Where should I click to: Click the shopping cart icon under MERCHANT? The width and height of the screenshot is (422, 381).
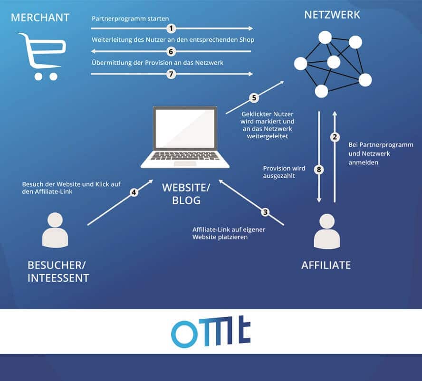(x=41, y=56)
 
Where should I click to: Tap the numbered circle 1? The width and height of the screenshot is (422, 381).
(x=172, y=29)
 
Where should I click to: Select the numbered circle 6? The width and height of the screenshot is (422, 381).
(x=172, y=51)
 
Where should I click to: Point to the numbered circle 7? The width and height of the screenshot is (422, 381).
(x=172, y=74)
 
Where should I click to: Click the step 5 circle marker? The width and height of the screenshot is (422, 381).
(x=254, y=98)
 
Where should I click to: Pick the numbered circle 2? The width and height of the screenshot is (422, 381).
(x=335, y=137)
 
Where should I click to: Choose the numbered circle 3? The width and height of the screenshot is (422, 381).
(x=265, y=212)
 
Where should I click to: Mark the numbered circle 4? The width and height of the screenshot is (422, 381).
(x=134, y=193)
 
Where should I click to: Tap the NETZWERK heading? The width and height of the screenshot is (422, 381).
(x=332, y=15)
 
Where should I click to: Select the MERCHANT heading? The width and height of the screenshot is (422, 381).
(x=40, y=18)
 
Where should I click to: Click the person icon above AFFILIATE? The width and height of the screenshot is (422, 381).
(x=327, y=231)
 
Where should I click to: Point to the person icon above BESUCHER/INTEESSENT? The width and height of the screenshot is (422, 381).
(x=55, y=230)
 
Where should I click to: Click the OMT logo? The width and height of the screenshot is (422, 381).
(x=211, y=331)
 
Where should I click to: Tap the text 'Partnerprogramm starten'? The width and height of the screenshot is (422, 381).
(x=130, y=19)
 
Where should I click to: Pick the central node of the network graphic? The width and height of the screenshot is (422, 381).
(x=334, y=62)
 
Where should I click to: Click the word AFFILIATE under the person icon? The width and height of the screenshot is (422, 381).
(x=326, y=265)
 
